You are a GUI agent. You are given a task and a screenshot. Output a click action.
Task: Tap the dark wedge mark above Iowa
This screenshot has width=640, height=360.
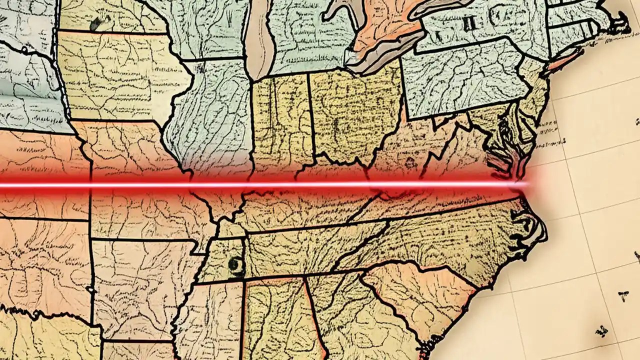click(95, 23)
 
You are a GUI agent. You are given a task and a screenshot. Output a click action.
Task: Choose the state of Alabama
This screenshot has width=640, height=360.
click(275, 320)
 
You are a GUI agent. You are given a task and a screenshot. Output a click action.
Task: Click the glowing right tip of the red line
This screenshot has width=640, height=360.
click(525, 184)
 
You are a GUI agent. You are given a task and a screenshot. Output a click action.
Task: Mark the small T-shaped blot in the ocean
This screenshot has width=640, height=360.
click(623, 294)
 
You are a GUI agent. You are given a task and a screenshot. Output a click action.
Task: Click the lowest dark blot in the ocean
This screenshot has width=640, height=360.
click(600, 332)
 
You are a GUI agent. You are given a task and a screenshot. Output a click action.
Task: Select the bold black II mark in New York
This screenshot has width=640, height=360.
click(470, 23)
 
